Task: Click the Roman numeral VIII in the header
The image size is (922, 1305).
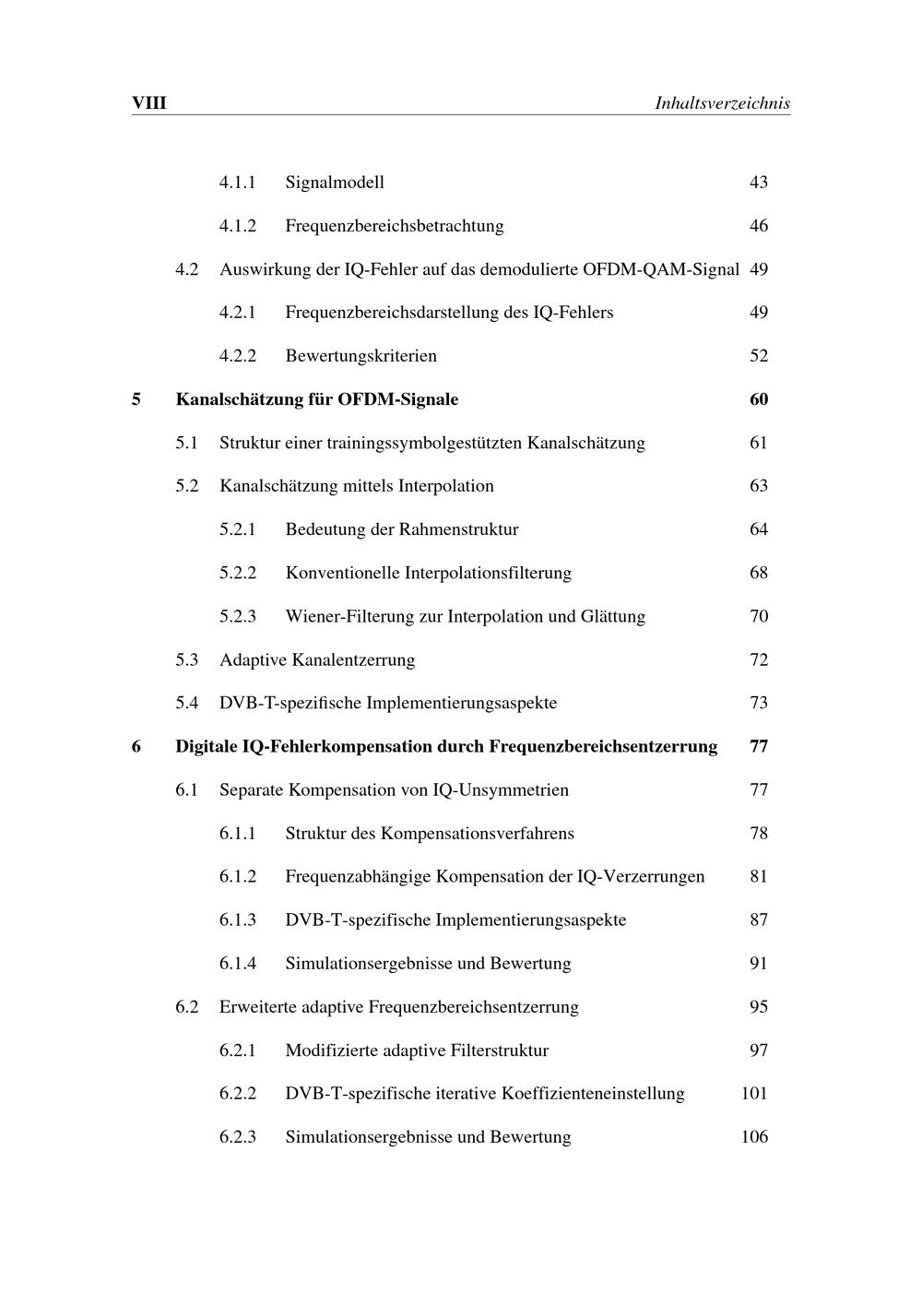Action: [x=149, y=102]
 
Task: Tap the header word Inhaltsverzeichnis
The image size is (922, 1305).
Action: [x=722, y=102]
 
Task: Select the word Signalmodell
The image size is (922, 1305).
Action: [x=335, y=182]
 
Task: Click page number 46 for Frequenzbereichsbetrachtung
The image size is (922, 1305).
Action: [x=758, y=226]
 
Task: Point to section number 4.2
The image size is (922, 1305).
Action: [x=187, y=269]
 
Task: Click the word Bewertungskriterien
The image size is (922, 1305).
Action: [x=361, y=356]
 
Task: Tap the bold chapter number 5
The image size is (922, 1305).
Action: [x=136, y=399]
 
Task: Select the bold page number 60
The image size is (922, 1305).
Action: [x=758, y=399]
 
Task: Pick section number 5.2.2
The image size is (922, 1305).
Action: [x=238, y=573]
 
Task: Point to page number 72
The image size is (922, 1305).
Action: [x=758, y=659]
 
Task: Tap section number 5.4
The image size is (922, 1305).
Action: [x=187, y=703]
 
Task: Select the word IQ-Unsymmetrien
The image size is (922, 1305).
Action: [x=501, y=789]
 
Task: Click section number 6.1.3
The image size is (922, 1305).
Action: [x=238, y=919]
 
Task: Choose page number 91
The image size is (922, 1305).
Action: [x=758, y=964]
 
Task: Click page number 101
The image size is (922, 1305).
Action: [x=754, y=1094]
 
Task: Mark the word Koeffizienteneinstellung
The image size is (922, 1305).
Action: [x=593, y=1094]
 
